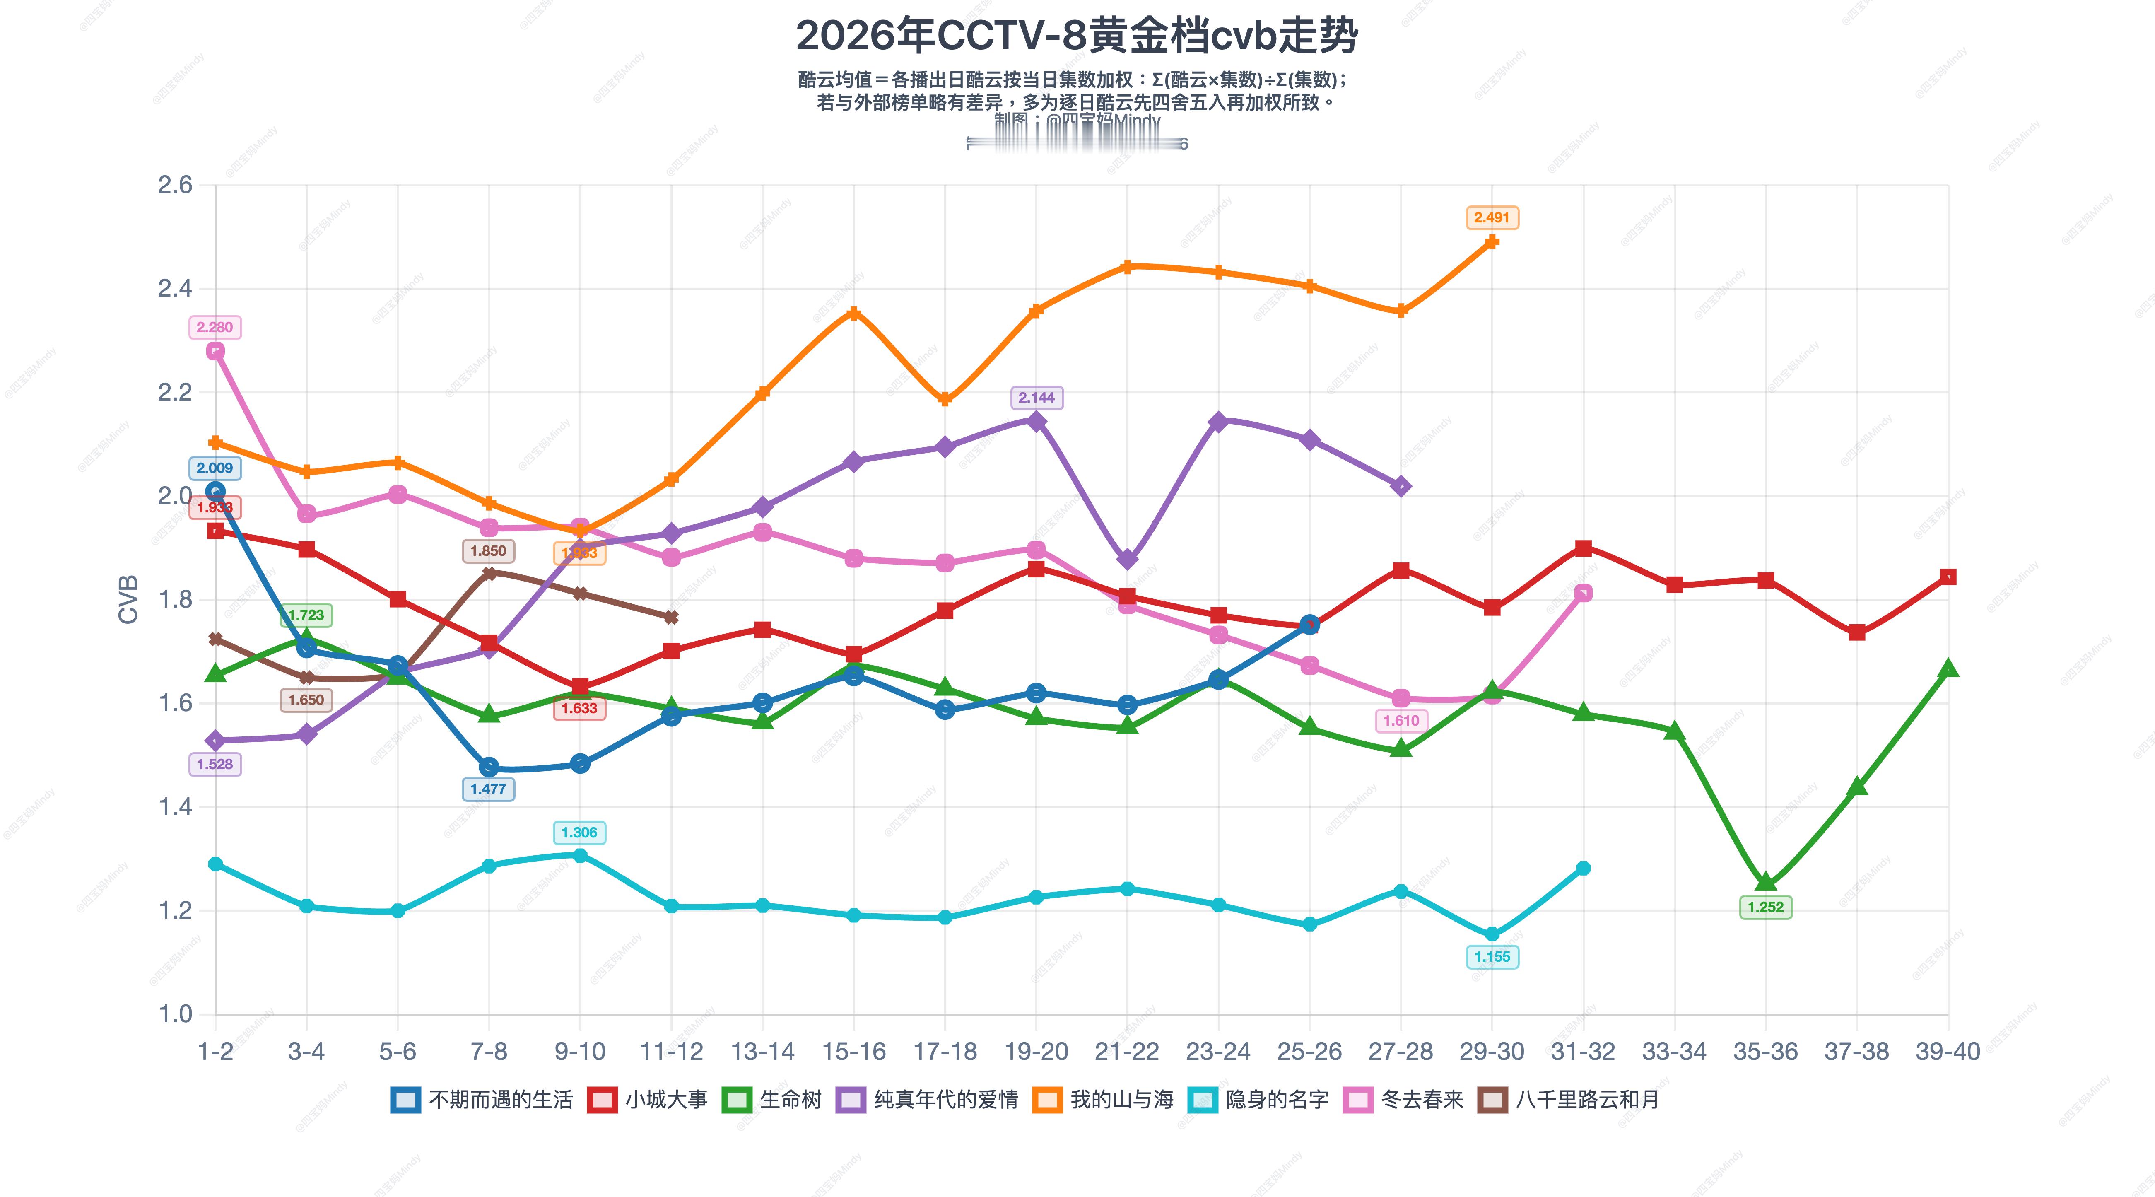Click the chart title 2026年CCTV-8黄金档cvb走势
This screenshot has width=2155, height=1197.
(x=1077, y=36)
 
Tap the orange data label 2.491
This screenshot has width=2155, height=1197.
(x=1492, y=217)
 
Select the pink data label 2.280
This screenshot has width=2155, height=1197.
(x=215, y=327)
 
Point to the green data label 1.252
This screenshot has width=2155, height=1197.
(x=1765, y=907)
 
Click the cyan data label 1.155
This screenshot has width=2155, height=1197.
(x=1492, y=957)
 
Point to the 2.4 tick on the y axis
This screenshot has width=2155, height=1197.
(x=174, y=289)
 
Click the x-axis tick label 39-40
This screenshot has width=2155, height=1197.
(x=1948, y=1052)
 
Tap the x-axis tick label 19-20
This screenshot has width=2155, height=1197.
(x=1036, y=1052)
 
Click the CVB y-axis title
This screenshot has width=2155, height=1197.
(x=128, y=599)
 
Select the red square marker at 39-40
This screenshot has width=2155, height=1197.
(x=1948, y=577)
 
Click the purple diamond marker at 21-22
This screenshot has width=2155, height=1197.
(x=1127, y=559)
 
